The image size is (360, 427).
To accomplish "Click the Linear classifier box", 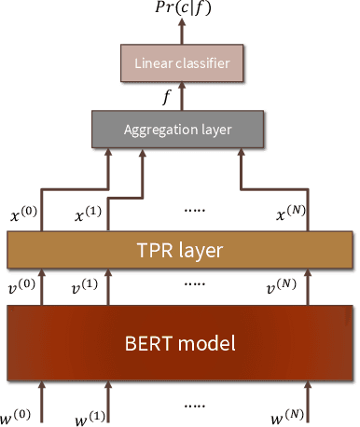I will click(180, 65).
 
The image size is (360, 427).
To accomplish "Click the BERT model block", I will click(180, 341).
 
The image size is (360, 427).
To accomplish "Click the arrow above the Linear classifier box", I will click(180, 33).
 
